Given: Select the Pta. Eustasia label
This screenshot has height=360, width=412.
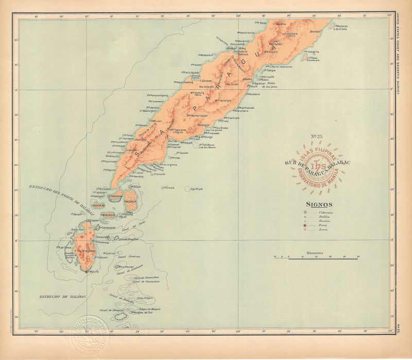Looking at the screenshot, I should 254,94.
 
